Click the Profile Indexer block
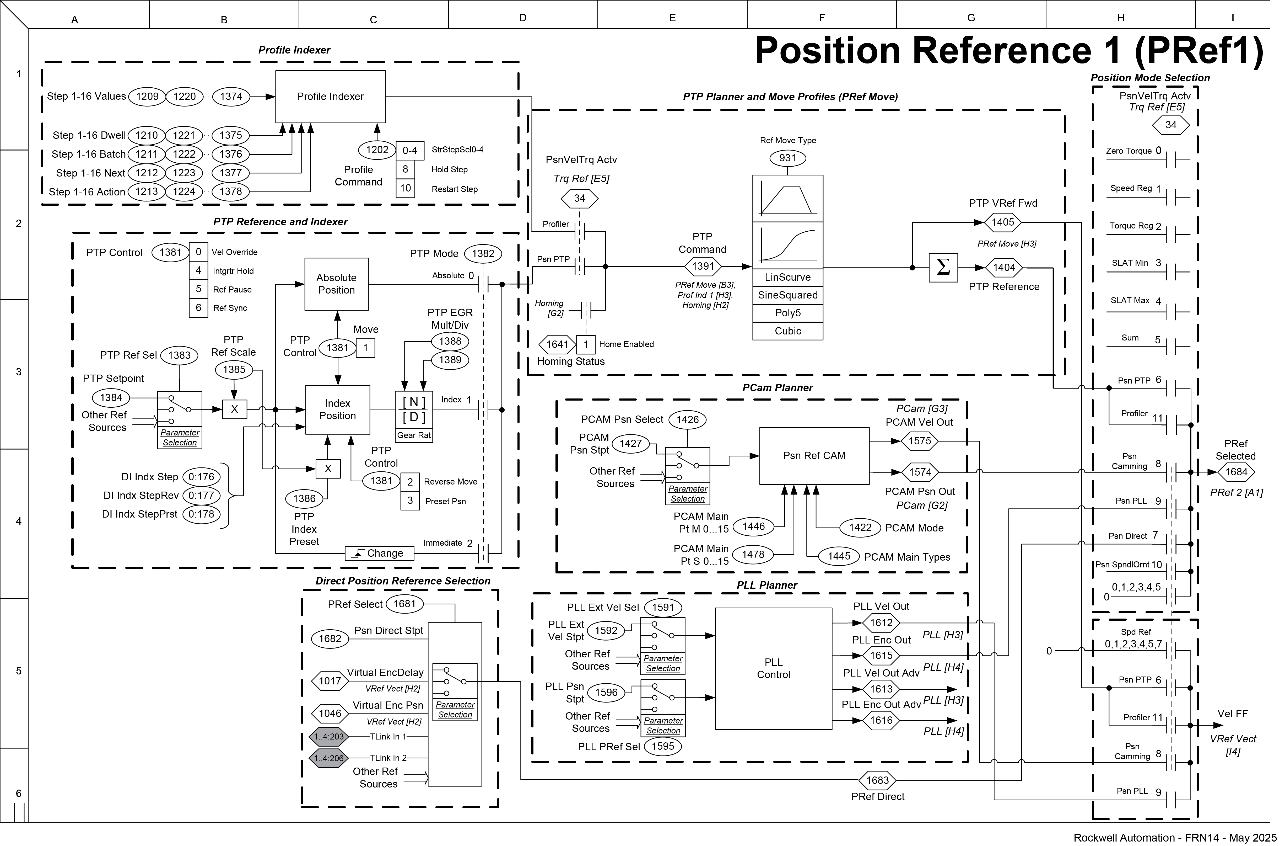pyautogui.click(x=331, y=97)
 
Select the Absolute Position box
pyautogui.click(x=336, y=284)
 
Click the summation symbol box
pyautogui.click(x=943, y=267)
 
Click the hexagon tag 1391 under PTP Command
pyautogui.click(x=703, y=266)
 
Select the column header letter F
pyautogui.click(x=821, y=18)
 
